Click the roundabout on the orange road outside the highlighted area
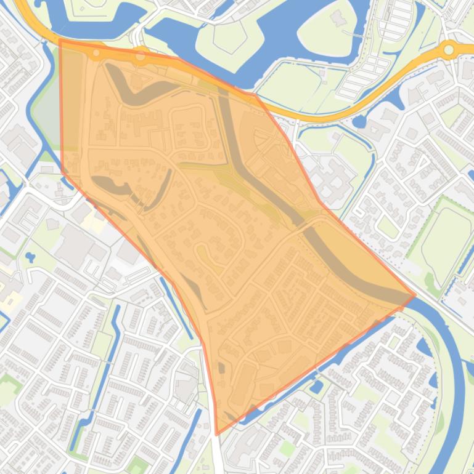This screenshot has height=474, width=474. click(449, 49)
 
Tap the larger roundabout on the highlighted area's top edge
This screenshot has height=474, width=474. click(141, 56)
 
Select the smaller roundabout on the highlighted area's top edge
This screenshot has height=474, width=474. click(96, 54)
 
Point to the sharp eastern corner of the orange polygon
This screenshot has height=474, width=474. click(415, 295)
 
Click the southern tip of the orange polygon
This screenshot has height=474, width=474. click(216, 434)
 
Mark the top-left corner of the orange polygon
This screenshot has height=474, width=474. click(60, 40)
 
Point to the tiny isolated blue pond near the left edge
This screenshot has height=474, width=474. click(29, 257)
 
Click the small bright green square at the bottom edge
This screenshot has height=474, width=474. click(138, 465)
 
